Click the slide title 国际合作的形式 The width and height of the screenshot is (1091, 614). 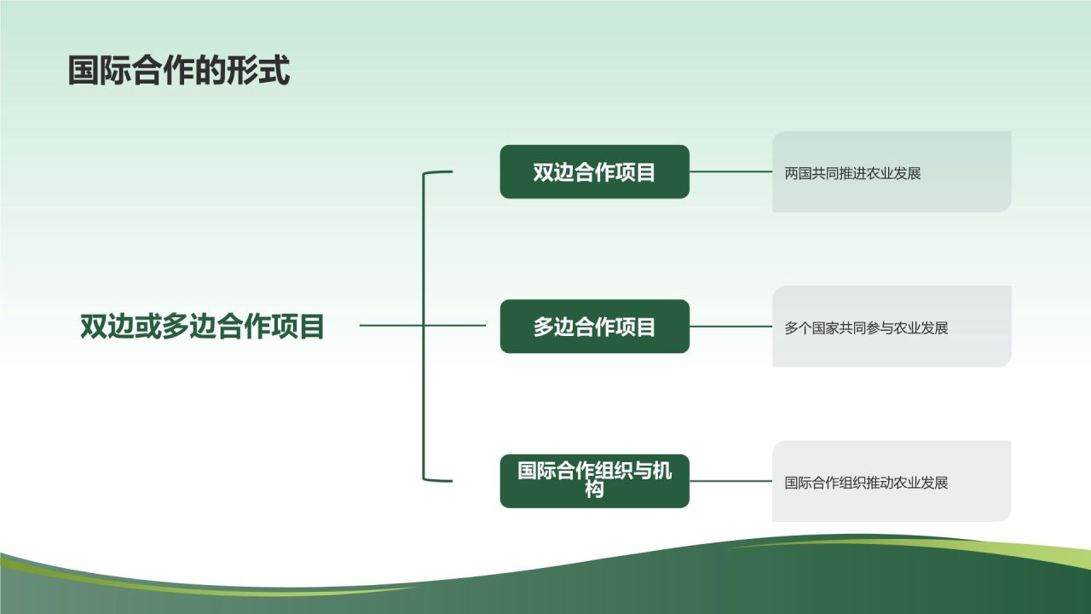(x=179, y=71)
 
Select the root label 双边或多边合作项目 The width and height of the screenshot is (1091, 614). (x=203, y=327)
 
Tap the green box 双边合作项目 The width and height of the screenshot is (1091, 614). (x=594, y=171)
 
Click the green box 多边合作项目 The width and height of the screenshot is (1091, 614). (x=594, y=327)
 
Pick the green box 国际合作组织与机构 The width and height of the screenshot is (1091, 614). (x=594, y=481)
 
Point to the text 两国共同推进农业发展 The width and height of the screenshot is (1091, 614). (x=852, y=173)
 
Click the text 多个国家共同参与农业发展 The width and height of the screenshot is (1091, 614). (x=866, y=327)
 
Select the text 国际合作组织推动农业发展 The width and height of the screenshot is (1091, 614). (x=866, y=483)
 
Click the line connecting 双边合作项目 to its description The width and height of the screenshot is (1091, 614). (x=730, y=171)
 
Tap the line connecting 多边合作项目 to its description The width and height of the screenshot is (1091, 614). (x=730, y=327)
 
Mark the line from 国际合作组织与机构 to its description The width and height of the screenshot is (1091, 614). (x=730, y=481)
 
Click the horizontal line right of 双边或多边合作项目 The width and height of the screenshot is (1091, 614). (x=392, y=325)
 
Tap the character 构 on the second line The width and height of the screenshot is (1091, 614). (x=594, y=490)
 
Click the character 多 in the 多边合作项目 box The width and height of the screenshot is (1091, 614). (x=545, y=327)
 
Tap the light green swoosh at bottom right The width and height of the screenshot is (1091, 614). (x=980, y=546)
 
